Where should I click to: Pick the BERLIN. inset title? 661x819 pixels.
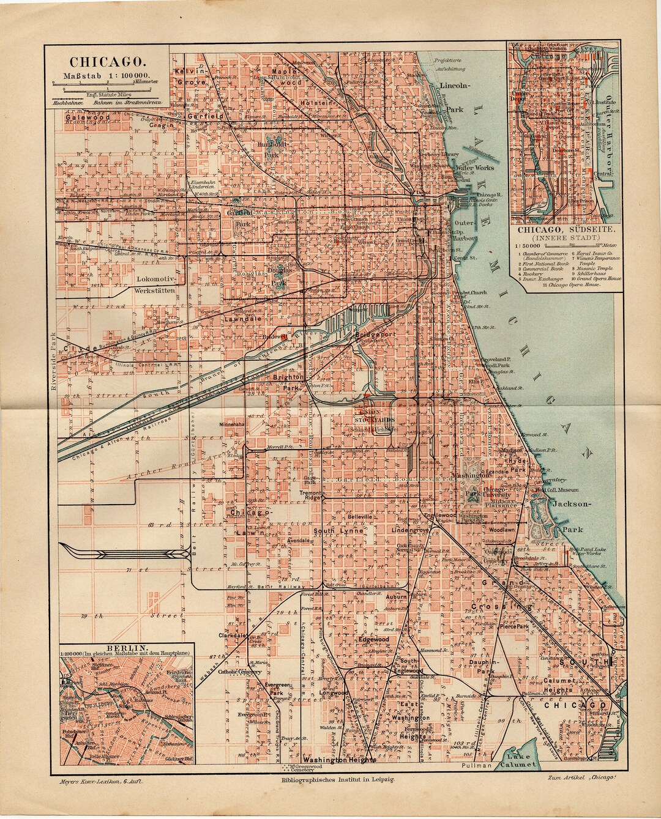[x=125, y=647]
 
